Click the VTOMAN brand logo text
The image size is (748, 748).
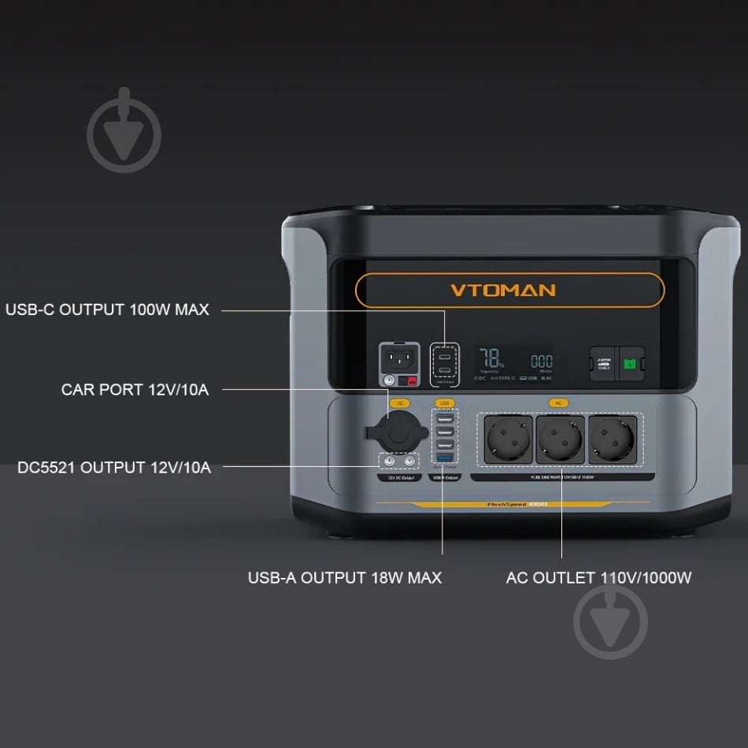click(502, 290)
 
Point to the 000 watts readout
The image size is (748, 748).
click(541, 361)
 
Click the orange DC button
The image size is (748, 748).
click(400, 403)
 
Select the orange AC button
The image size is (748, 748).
click(559, 403)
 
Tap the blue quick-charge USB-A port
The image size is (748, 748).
click(445, 457)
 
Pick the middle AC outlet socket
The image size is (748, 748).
click(559, 439)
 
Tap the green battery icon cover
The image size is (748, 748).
click(630, 364)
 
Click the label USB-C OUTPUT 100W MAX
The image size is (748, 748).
click(108, 309)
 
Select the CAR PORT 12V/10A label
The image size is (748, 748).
click(135, 389)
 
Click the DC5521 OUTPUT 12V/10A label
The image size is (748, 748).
click(114, 468)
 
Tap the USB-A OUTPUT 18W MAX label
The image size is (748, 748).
click(345, 578)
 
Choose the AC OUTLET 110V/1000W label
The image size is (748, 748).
click(598, 578)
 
